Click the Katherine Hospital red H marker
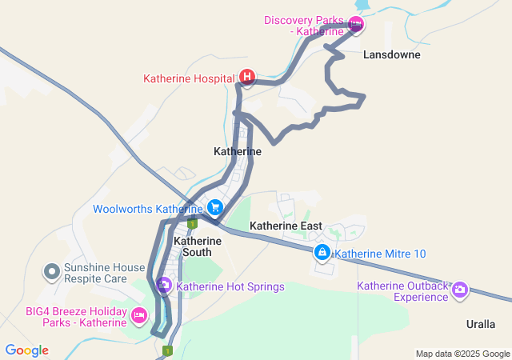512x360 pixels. tap(247, 78)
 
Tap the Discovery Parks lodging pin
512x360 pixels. tap(356, 25)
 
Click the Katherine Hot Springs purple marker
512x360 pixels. tap(164, 285)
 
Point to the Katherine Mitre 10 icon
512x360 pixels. tap(322, 254)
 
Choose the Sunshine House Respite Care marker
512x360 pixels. tap(52, 272)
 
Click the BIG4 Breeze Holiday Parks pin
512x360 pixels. tap(138, 316)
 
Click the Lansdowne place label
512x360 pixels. tap(391, 55)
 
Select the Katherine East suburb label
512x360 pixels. tap(286, 226)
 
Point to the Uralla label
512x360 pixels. tap(481, 324)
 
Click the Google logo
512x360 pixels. tap(26, 350)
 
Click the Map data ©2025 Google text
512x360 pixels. tap(462, 354)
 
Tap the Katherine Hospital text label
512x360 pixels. tap(190, 78)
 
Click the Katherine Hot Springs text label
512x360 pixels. tap(230, 286)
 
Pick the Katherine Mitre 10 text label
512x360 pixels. tap(380, 254)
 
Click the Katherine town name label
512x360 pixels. tap(238, 151)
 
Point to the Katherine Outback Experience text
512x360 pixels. tap(402, 291)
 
